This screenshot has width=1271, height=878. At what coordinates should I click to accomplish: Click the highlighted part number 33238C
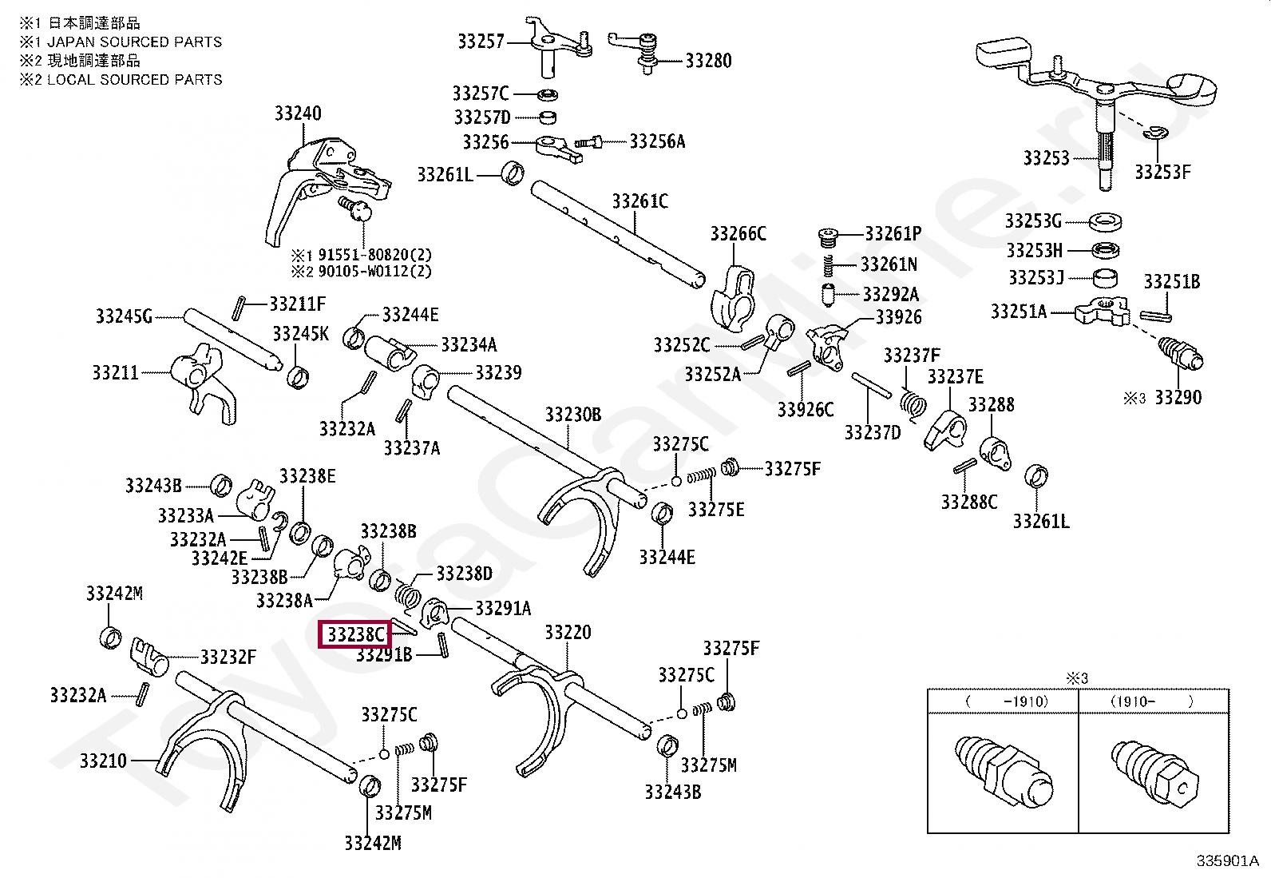(x=354, y=635)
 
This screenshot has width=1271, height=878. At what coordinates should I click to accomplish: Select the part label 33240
(x=298, y=113)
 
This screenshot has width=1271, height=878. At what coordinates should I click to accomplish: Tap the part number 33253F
(x=1162, y=172)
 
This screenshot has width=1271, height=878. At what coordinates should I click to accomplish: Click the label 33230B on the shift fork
(x=573, y=415)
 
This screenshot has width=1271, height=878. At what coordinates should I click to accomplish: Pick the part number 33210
(x=103, y=761)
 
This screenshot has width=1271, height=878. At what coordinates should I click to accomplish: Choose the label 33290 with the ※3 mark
(x=1178, y=397)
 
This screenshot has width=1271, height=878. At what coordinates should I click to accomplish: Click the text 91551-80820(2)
(x=374, y=255)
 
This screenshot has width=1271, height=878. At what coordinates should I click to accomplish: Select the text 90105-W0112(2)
(x=374, y=271)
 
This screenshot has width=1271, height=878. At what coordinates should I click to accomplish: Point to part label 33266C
(x=738, y=233)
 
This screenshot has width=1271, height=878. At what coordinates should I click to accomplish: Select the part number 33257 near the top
(x=481, y=41)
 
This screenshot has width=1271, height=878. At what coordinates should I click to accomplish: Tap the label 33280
(x=708, y=61)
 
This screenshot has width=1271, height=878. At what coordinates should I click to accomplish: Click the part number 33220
(x=568, y=633)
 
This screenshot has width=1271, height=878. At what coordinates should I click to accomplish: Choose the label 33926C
(x=805, y=410)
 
